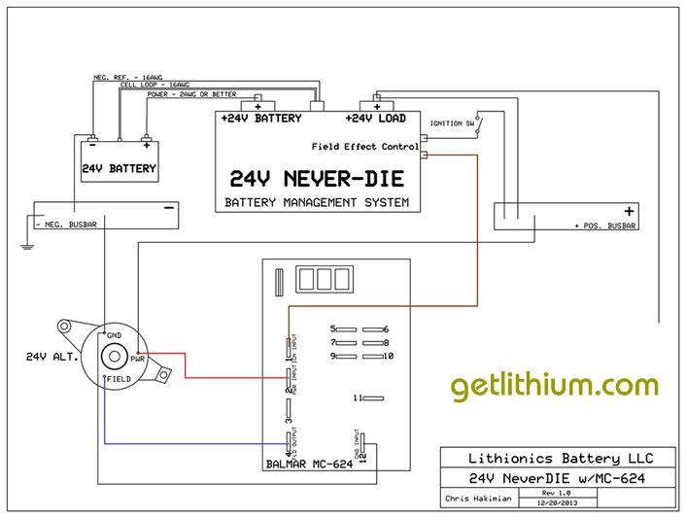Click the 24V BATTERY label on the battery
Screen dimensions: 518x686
coord(119,168)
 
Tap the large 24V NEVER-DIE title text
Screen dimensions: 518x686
coord(317,179)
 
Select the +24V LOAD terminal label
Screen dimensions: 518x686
coord(375,119)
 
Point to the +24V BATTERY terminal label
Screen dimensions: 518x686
coord(260,119)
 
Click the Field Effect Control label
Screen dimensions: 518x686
coord(365,146)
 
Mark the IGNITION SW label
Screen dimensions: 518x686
coord(453,124)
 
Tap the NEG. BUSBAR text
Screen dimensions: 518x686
coord(67,224)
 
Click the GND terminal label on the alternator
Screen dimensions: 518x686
coord(115,333)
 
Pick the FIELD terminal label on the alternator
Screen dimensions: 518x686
coord(119,378)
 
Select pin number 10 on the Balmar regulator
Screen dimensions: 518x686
coord(387,356)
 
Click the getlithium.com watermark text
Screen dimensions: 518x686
coord(554,386)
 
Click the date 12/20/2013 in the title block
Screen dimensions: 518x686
coord(562,503)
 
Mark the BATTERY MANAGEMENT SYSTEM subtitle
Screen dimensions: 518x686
coord(317,203)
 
